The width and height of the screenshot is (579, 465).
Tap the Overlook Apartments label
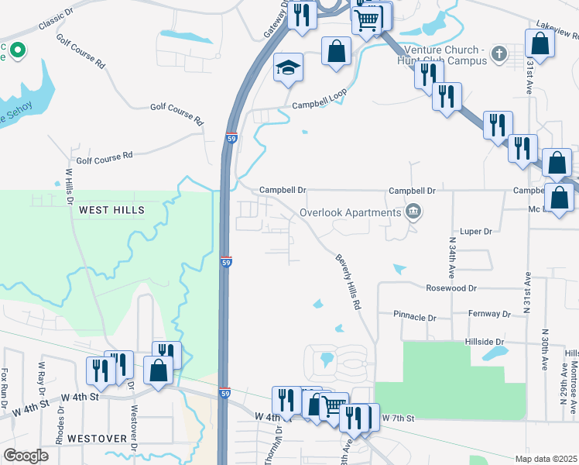[348, 212]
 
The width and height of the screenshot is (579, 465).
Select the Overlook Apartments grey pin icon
[413, 212]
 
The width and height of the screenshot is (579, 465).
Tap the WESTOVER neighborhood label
[97, 438]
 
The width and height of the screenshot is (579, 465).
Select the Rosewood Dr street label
[452, 288]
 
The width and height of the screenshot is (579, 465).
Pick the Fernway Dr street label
[489, 314]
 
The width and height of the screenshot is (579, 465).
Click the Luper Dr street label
[476, 231]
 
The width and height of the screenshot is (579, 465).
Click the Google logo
[26, 456]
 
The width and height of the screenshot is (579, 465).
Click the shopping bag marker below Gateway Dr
[336, 53]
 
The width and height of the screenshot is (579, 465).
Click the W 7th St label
[399, 418]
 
